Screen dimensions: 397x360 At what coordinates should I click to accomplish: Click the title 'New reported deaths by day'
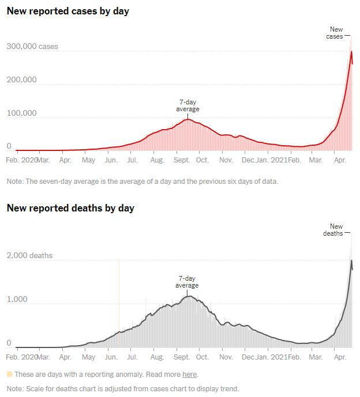[x=70, y=208]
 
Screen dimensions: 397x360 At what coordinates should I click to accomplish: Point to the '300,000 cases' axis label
[x=32, y=46]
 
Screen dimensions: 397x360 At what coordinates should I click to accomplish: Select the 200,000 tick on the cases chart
[x=21, y=80]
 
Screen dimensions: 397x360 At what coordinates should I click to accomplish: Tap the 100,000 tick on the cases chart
[x=21, y=113]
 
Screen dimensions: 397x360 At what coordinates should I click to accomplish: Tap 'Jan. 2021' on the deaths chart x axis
[x=271, y=357]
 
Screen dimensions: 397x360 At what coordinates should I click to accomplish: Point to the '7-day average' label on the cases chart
[x=187, y=105]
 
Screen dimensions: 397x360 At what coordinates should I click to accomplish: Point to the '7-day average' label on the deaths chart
[x=187, y=282]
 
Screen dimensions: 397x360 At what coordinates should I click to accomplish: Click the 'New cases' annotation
[x=336, y=33]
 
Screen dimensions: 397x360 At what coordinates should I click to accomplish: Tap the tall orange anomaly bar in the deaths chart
[x=119, y=300]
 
